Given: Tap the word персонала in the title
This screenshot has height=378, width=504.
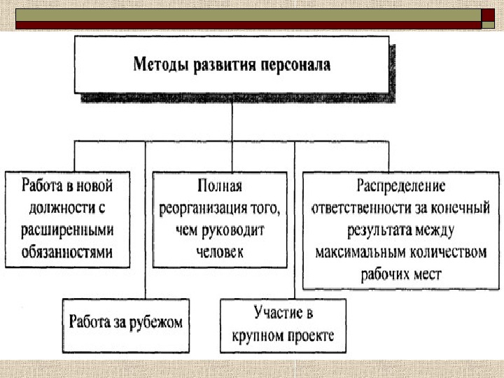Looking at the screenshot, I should [295, 66].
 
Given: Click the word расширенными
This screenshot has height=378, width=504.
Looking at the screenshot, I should [66, 229].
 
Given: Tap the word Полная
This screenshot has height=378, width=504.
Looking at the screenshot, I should [220, 186].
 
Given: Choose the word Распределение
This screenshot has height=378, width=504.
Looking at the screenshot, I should [400, 186].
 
